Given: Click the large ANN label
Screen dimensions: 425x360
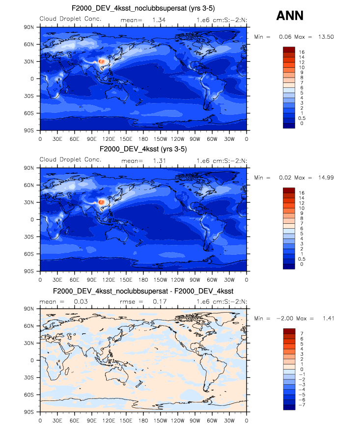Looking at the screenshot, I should point(290,16).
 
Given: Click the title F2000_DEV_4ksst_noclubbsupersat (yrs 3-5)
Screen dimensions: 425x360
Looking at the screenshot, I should point(142,8).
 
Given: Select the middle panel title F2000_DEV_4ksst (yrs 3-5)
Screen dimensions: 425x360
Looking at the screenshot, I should point(142,149).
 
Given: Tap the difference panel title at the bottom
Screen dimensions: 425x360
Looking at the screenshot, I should point(143,291).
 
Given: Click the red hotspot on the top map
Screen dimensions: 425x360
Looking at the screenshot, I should point(102,61).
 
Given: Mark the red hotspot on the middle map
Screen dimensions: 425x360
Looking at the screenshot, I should point(102,202).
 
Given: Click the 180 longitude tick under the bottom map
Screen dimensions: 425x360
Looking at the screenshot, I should point(143,421).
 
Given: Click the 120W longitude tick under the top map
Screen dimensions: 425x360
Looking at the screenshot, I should point(178,139).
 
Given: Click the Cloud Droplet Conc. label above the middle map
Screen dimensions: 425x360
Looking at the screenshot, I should point(70,159).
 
